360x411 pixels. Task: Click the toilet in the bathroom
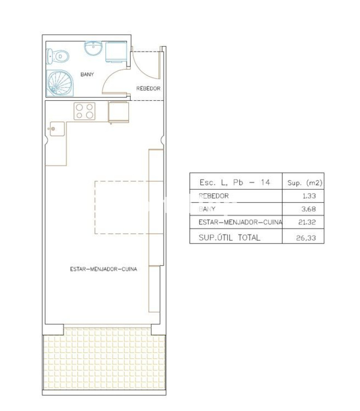[58, 56]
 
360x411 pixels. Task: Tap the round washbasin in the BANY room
[93, 48]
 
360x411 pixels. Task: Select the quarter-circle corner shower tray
[59, 83]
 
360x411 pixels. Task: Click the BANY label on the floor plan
[87, 75]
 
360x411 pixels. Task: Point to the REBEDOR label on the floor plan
[148, 89]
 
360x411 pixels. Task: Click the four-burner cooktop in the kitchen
[85, 111]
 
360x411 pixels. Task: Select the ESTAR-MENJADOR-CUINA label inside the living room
[103, 269]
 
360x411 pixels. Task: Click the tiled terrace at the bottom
[104, 359]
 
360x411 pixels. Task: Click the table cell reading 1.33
[309, 196]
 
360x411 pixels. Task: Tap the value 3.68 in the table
[309, 209]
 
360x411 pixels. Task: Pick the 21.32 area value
[307, 222]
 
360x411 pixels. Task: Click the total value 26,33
[306, 238]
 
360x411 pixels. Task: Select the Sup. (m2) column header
[305, 183]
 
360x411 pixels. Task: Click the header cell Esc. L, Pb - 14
[235, 182]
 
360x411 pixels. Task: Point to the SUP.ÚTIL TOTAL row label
[229, 237]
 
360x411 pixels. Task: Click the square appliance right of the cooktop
[118, 112]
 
